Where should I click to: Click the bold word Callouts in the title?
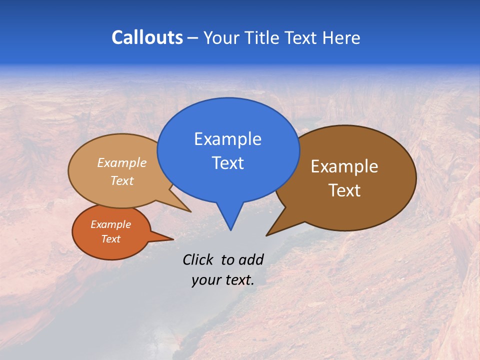(147, 37)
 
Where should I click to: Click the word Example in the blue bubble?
(227, 138)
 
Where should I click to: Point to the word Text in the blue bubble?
(227, 162)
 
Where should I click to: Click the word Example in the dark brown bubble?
(344, 166)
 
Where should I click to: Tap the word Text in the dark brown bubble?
(344, 190)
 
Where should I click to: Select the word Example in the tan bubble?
(122, 162)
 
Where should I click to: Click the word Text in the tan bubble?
(122, 180)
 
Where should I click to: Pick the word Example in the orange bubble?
(110, 224)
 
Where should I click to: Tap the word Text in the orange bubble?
(110, 239)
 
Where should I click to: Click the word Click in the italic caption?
(198, 259)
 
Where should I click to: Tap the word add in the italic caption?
(250, 259)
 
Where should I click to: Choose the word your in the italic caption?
(205, 280)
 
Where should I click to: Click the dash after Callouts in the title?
(193, 38)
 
